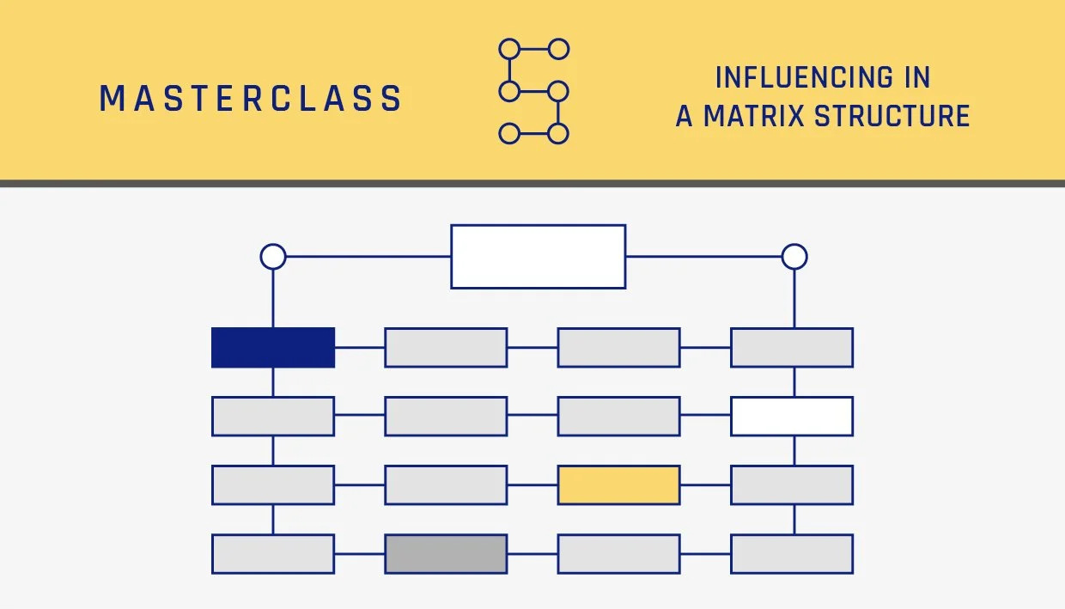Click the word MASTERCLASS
250,99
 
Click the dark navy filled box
273,347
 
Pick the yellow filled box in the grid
618,484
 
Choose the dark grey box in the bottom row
446,553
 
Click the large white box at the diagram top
538,256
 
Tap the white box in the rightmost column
791,416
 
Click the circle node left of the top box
273,256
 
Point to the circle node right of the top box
794,256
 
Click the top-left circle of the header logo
509,49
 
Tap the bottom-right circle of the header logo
558,133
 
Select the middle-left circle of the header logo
509,91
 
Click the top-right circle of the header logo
558,49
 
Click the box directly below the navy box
273,416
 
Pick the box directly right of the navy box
446,347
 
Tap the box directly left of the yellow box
446,484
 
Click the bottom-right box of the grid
791,553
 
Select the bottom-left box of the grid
273,553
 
